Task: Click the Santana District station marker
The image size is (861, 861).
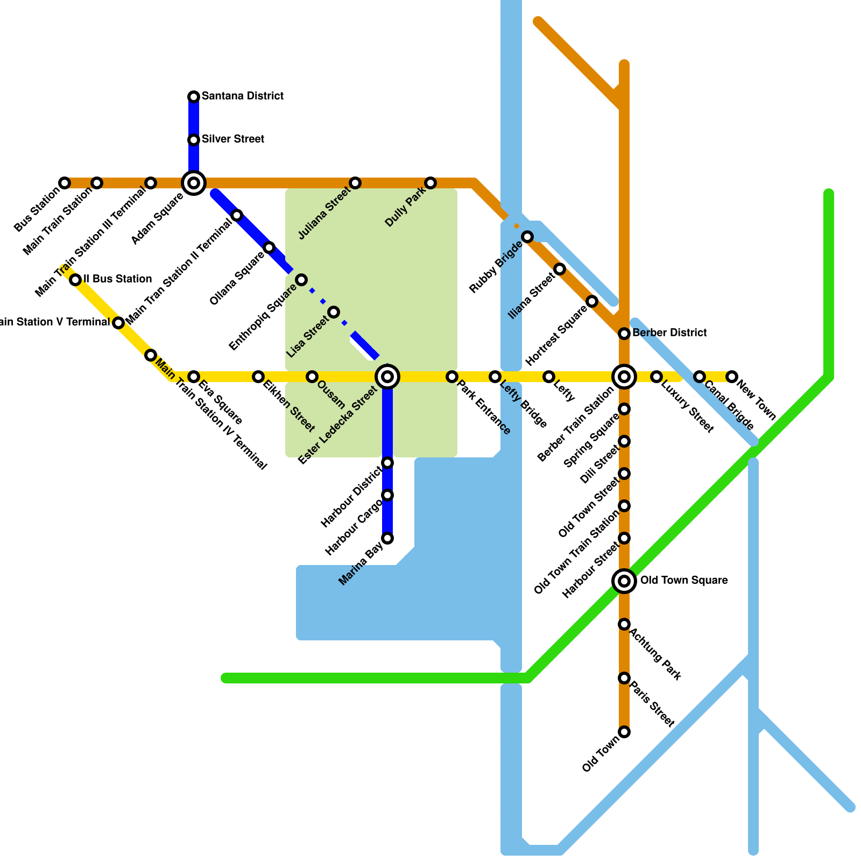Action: pos(194,97)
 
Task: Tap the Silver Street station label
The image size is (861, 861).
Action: pos(232,139)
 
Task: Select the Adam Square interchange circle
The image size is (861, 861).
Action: pos(194,183)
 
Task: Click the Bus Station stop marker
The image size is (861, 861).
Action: pos(65,183)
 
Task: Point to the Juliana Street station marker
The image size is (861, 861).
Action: pos(355,183)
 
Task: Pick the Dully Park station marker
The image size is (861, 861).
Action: pos(430,183)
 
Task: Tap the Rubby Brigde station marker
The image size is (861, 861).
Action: pos(527,237)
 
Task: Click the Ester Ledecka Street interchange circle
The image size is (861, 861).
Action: pos(387,377)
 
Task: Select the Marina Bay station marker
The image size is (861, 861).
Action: pos(387,538)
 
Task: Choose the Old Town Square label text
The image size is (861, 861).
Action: pos(683,581)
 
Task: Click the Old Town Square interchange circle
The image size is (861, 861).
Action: pos(624,581)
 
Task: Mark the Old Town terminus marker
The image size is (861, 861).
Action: pos(624,732)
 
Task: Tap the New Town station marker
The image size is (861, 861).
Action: pos(732,377)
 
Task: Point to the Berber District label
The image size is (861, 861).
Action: pos(669,333)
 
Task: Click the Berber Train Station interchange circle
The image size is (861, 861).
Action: pos(624,377)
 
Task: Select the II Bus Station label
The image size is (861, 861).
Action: pos(117,279)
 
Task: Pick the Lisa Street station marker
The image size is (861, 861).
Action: pos(334,312)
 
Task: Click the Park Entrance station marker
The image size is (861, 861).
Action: pos(452,377)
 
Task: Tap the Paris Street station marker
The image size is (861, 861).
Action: pos(624,678)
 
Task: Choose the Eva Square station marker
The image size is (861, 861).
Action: pos(194,377)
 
